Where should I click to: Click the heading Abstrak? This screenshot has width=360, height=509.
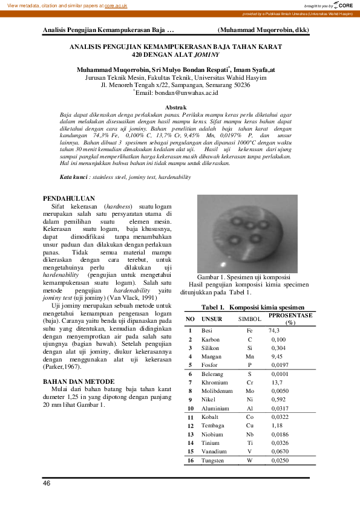click(180, 106)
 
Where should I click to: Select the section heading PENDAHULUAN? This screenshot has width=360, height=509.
click(69, 198)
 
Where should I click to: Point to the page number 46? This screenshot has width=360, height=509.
click(47, 484)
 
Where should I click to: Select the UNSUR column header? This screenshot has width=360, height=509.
click(212, 319)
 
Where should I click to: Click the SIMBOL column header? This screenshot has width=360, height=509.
click(250, 319)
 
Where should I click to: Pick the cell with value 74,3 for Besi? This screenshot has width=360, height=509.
click(274, 331)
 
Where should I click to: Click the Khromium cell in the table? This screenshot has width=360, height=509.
click(215, 383)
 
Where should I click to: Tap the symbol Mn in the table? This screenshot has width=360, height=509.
click(250, 357)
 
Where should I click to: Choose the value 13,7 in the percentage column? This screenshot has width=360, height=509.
click(276, 383)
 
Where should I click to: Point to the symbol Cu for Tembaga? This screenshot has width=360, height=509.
click(250, 426)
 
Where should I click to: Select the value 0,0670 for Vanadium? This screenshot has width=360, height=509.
click(280, 452)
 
